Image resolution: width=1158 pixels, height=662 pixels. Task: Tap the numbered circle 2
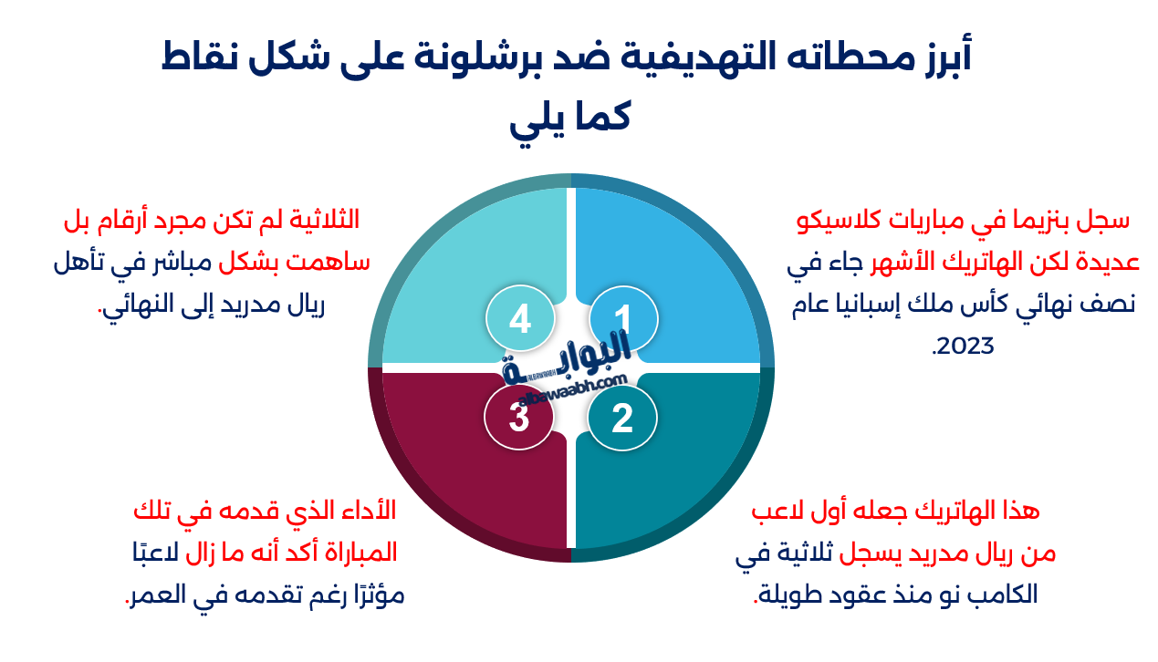pyautogui.click(x=622, y=419)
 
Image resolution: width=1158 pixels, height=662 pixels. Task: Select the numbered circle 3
pyautogui.click(x=519, y=419)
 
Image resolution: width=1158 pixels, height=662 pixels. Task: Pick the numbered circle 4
pyautogui.click(x=519, y=320)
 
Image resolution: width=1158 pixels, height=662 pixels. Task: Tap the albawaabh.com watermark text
pyautogui.click(x=573, y=388)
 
